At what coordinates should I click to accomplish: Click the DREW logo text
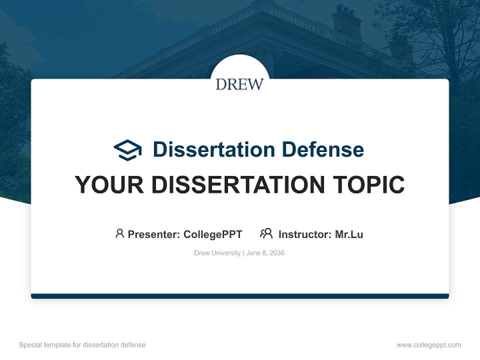239,84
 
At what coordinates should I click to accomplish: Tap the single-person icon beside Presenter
119,233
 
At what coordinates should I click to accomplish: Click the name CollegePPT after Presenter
212,234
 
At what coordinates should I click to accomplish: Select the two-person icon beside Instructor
266,233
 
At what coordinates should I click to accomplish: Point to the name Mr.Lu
349,234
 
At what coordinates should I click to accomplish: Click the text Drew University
217,253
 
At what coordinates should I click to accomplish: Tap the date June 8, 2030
265,253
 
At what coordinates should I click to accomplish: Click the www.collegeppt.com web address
428,345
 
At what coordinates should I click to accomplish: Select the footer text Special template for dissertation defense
82,345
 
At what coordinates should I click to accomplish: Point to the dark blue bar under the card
239,296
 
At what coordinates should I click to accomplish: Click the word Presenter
153,234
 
